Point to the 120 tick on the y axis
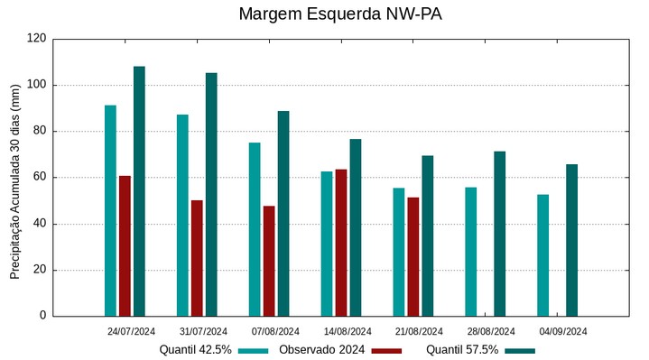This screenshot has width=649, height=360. (x=36, y=39)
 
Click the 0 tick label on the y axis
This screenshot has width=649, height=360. (x=42, y=316)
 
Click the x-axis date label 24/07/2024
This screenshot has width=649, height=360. (x=131, y=331)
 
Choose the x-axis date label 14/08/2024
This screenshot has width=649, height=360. (x=348, y=331)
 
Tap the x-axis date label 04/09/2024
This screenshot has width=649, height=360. (x=563, y=331)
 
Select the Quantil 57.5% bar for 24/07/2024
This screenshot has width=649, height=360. (x=139, y=191)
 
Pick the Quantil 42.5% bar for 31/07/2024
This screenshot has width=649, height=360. (x=182, y=215)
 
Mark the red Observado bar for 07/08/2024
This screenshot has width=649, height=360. (x=269, y=261)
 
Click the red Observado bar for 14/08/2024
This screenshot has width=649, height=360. (x=341, y=242)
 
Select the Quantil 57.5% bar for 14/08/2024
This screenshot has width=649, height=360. (x=356, y=227)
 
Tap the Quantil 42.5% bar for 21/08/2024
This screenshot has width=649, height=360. (x=399, y=252)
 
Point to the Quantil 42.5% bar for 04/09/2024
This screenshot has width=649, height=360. (x=542, y=255)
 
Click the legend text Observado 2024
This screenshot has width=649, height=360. (x=321, y=350)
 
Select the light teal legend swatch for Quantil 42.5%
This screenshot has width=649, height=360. (x=254, y=350)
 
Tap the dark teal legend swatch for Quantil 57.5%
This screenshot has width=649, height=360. (x=520, y=350)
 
